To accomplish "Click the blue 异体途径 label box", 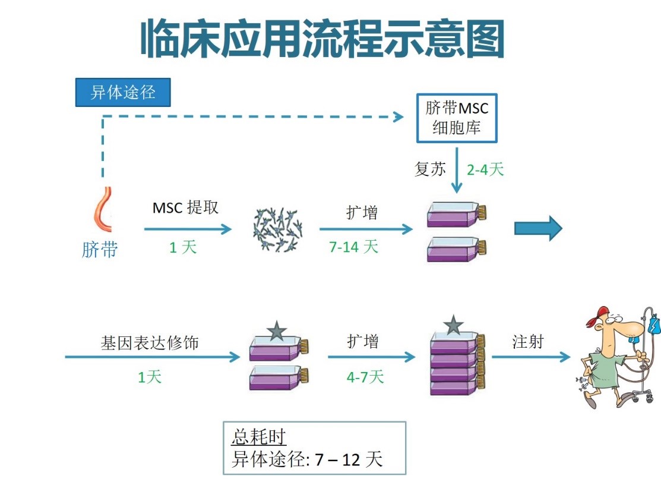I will (123, 93).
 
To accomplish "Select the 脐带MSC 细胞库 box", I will (456, 118).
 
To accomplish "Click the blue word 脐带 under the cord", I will (99, 250).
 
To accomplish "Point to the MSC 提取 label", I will (185, 207).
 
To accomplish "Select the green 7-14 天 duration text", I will (353, 247).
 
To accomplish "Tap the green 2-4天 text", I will (485, 169).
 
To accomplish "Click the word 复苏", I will (429, 169).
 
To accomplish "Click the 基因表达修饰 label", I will (150, 343).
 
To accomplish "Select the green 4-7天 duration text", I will (365, 376).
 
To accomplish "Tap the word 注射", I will (527, 342).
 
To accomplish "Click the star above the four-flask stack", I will (453, 325).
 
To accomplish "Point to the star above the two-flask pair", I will (277, 331).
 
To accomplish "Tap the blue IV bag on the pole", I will (654, 326).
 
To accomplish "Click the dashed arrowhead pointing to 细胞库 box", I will (399, 117).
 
